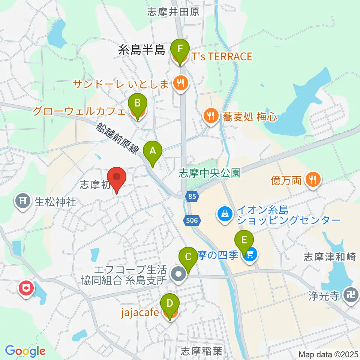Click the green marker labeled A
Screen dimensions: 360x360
click(x=153, y=151)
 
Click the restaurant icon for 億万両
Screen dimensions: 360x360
click(x=312, y=180)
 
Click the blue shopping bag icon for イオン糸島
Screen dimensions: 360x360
click(x=224, y=214)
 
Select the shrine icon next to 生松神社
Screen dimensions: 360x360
click(x=23, y=202)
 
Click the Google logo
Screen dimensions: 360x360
click(x=25, y=351)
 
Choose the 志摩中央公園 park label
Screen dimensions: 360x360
click(x=209, y=173)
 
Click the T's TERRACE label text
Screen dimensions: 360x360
click(x=222, y=57)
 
